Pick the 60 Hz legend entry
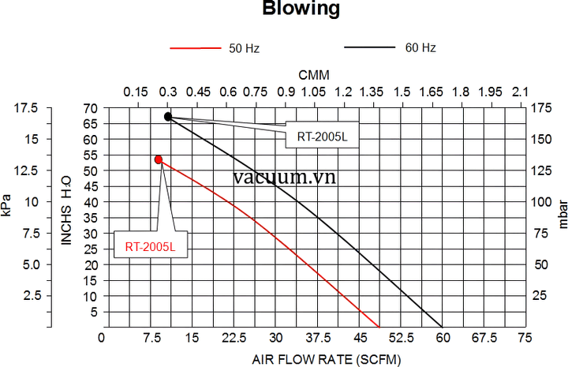420,47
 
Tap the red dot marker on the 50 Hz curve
159,159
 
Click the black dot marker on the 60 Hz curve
168,117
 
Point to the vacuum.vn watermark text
285,177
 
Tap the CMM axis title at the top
313,74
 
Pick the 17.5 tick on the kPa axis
25,108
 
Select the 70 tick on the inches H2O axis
92,108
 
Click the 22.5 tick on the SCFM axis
232,338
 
